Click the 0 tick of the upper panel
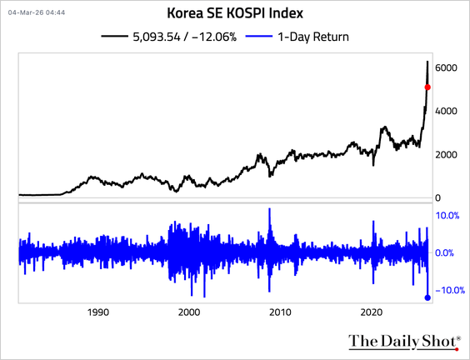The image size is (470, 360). (x=439, y=197)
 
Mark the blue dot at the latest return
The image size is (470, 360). (x=427, y=297)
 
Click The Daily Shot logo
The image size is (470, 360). (x=402, y=341)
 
